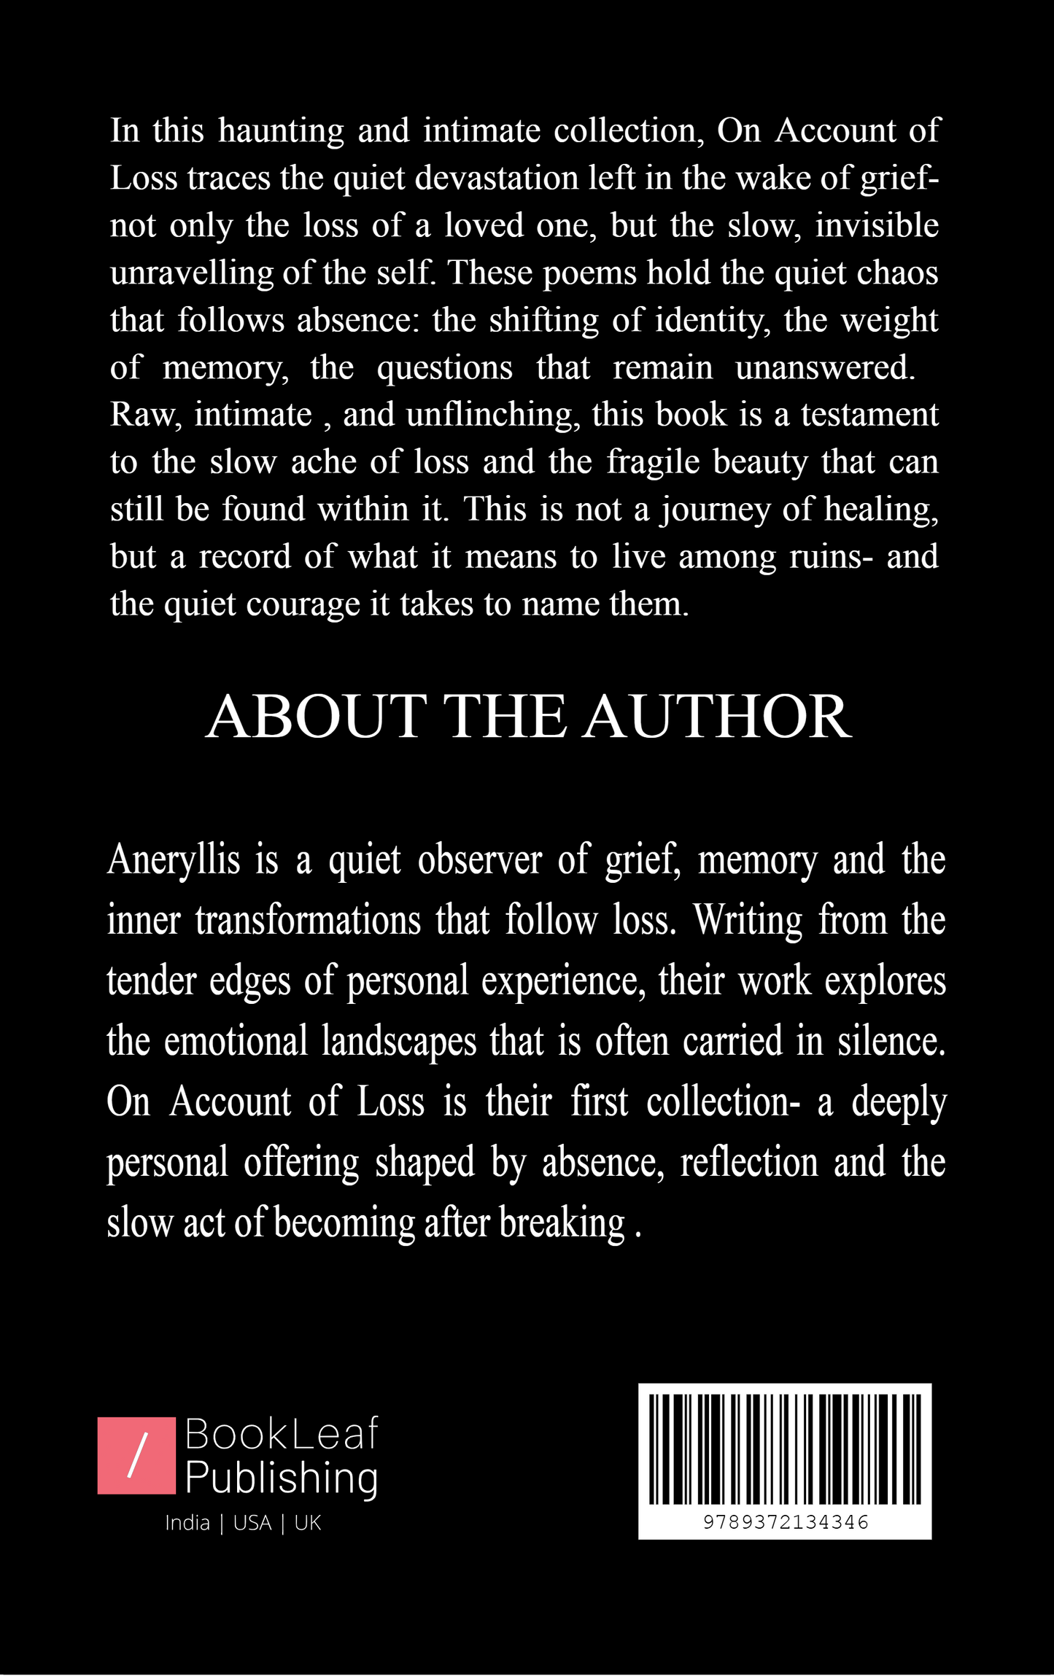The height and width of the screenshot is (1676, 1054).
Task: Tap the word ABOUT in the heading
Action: click(316, 717)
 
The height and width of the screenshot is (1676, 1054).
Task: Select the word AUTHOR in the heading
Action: click(717, 717)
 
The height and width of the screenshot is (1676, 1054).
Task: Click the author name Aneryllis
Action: click(174, 860)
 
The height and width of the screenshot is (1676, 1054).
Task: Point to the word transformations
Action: click(308, 921)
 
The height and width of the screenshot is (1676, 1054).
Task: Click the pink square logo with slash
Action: click(136, 1456)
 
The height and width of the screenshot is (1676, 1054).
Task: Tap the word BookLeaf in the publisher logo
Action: click(282, 1434)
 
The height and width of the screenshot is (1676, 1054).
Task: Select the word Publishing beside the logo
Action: click(282, 1479)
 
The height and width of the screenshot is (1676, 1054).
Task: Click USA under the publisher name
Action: click(252, 1523)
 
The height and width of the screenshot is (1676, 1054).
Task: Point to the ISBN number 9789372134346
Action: click(786, 1522)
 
